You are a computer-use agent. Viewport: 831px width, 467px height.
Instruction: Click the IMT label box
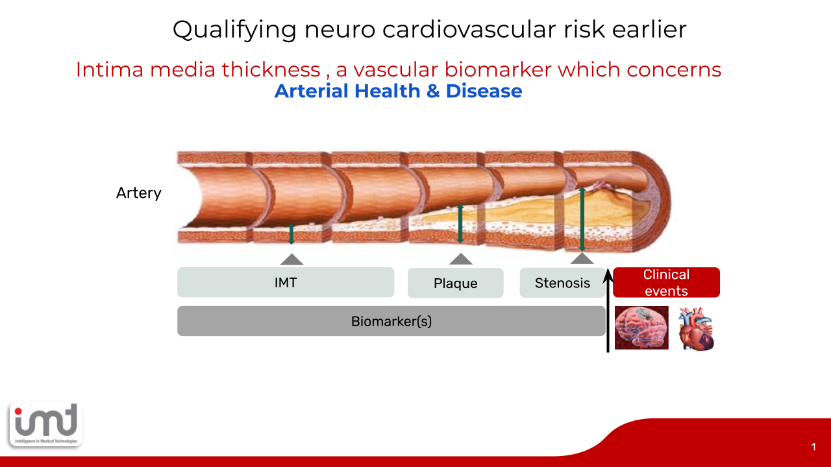click(x=286, y=282)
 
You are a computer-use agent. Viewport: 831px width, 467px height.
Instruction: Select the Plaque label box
click(x=456, y=283)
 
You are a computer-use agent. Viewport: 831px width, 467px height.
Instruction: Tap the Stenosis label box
click(x=562, y=283)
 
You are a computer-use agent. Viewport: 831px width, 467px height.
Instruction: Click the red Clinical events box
click(x=666, y=282)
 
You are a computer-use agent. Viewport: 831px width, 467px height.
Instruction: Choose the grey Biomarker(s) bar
click(x=391, y=321)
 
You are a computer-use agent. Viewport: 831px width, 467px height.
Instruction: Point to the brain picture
click(x=641, y=328)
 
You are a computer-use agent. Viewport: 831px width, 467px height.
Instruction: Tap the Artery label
click(x=139, y=193)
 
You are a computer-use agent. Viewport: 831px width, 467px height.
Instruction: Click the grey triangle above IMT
click(x=292, y=259)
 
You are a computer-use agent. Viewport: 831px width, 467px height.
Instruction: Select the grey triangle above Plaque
click(x=461, y=259)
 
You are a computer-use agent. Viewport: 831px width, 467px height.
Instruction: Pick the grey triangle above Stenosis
click(x=582, y=258)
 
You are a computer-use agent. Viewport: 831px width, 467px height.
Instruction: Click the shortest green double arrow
click(x=291, y=234)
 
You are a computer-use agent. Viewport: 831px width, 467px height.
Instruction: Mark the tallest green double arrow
click(x=582, y=219)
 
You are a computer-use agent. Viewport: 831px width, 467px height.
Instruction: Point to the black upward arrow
click(x=608, y=310)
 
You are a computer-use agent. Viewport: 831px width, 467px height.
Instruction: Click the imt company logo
click(x=46, y=424)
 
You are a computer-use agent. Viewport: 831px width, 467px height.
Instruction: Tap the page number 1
click(x=813, y=447)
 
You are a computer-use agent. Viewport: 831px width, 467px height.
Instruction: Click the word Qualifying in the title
click(x=234, y=30)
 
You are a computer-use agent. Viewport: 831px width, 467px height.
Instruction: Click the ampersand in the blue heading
click(x=433, y=91)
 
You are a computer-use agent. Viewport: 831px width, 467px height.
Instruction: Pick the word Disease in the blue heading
click(x=484, y=91)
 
